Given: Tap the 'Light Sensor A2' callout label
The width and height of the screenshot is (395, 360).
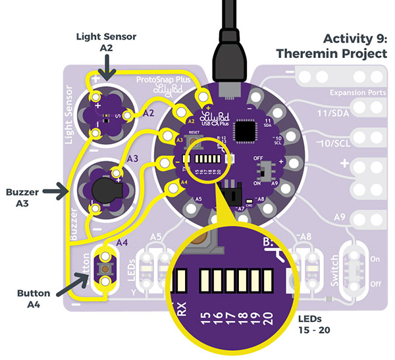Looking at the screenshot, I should click(x=106, y=43).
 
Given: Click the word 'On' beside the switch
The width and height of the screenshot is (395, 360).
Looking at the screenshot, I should click(x=377, y=259).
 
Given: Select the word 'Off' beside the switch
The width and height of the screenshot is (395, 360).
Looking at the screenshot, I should click(x=377, y=285).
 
